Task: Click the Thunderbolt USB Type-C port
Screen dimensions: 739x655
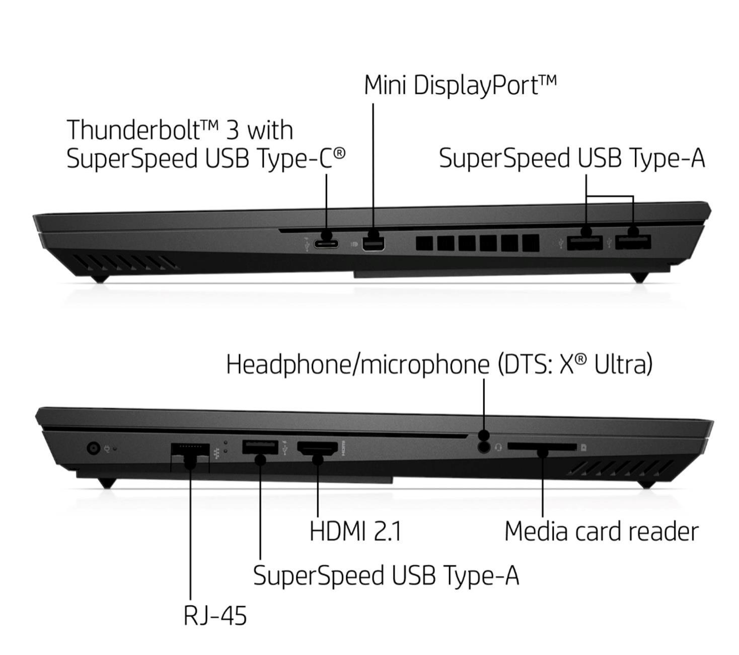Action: pos(325,244)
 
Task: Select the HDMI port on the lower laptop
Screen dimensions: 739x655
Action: pos(317,448)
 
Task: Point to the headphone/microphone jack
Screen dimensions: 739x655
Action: pos(484,447)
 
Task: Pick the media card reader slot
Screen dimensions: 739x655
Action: pos(542,447)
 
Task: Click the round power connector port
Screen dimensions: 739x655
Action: pos(94,447)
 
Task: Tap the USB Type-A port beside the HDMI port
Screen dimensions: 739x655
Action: pos(260,447)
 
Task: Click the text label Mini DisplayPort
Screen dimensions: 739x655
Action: pos(460,86)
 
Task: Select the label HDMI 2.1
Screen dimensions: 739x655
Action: pos(355,531)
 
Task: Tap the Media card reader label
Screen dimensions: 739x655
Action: pos(602,531)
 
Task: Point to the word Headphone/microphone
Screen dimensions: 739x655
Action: pos(357,364)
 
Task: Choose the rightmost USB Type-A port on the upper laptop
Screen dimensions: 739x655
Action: pos(633,242)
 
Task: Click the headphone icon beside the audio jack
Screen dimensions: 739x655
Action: pos(498,447)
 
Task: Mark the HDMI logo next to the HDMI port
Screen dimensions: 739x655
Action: pos(342,448)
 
